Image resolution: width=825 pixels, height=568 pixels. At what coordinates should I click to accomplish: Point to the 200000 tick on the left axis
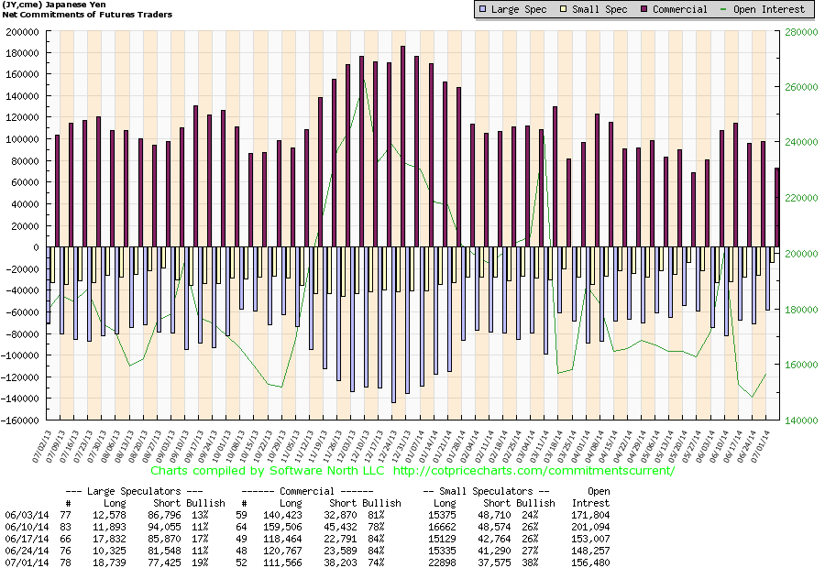pyautogui.click(x=24, y=31)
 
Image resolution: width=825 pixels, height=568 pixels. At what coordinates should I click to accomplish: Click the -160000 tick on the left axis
pyautogui.click(x=22, y=421)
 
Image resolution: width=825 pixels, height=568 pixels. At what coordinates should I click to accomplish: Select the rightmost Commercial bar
pyautogui.click(x=777, y=207)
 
